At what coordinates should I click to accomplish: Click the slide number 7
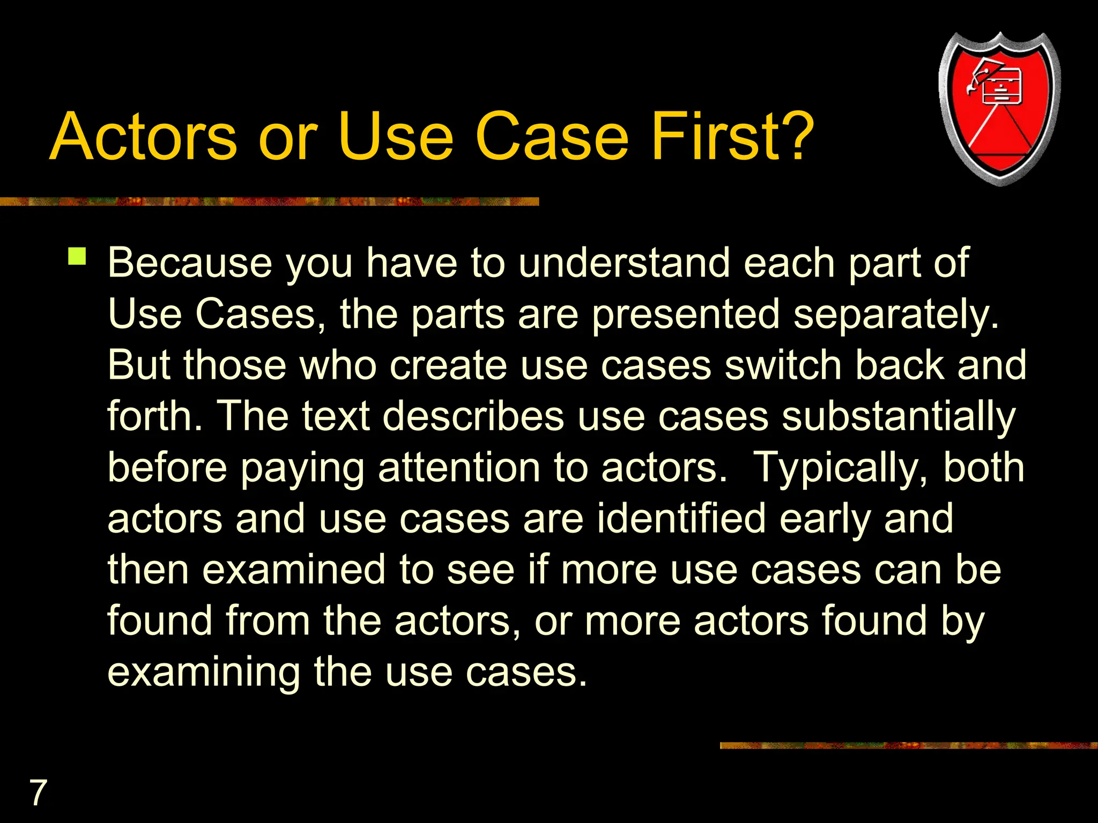[x=38, y=792]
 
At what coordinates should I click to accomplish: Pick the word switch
[x=783, y=365]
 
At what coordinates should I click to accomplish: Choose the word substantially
[x=898, y=417]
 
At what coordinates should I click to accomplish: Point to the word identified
[x=681, y=519]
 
